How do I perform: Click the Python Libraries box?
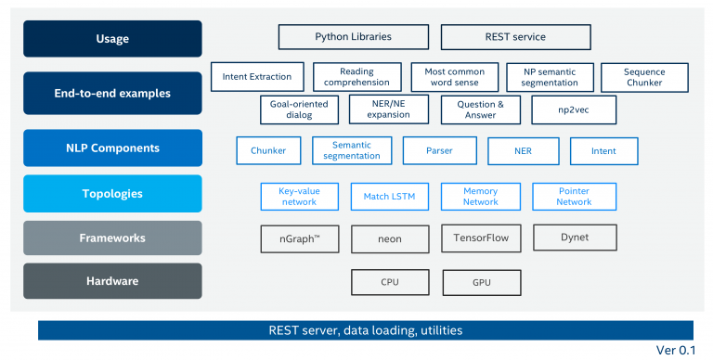(x=353, y=37)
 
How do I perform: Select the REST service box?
(x=515, y=37)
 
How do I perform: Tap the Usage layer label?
(x=112, y=39)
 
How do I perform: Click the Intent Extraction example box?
(x=257, y=76)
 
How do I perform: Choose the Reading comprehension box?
(x=357, y=76)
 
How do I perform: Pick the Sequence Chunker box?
(x=644, y=76)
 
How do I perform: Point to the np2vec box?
(x=574, y=109)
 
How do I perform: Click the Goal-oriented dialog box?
(x=299, y=109)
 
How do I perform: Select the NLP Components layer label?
(x=112, y=148)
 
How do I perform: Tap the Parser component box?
(x=439, y=150)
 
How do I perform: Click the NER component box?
(x=523, y=150)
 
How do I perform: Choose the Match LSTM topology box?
(x=389, y=197)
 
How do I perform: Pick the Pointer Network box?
(x=574, y=197)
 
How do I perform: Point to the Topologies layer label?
(x=112, y=193)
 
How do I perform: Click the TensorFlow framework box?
(x=481, y=238)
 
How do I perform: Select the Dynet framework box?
(x=574, y=238)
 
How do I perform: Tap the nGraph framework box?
(x=299, y=239)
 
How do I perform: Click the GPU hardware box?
(x=481, y=282)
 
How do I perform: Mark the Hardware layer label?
(x=112, y=281)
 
